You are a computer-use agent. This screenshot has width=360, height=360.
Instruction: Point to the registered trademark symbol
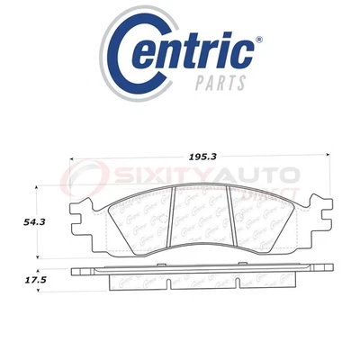[x=260, y=40]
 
